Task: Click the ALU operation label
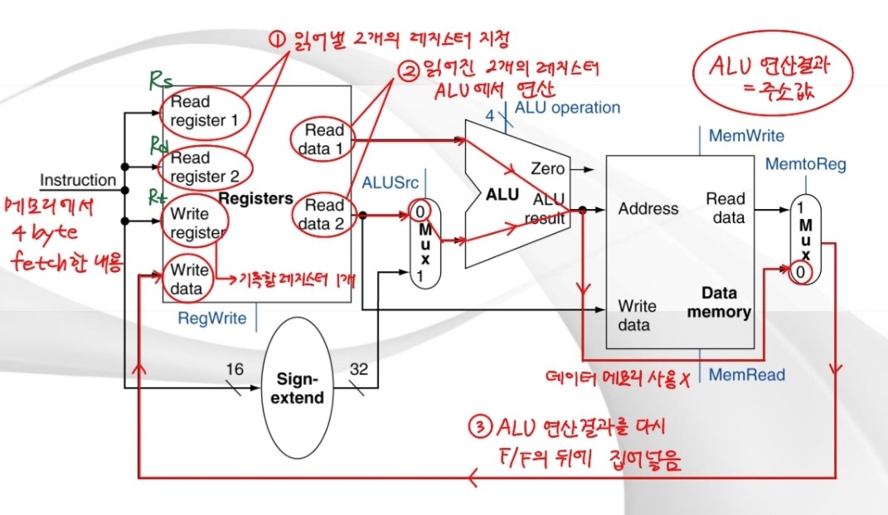tap(566, 108)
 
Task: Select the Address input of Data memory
tap(648, 209)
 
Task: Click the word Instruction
tap(78, 180)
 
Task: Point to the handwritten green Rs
tap(161, 81)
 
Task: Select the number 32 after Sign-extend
tap(360, 368)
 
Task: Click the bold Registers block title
tap(255, 199)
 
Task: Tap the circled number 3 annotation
tap(480, 428)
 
